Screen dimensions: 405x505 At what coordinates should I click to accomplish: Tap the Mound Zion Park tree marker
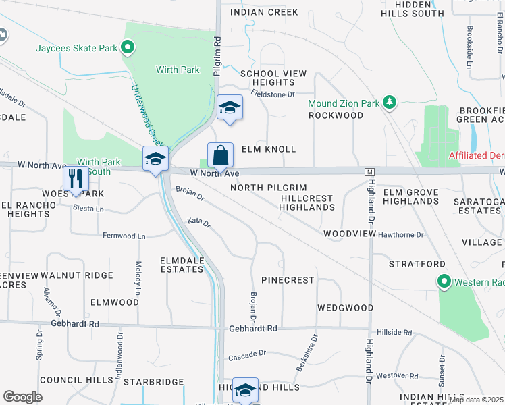389,103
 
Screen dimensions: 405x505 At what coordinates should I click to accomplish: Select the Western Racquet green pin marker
444,281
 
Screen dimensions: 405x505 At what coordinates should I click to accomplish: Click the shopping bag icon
220,156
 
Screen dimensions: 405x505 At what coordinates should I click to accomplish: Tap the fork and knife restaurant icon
75,179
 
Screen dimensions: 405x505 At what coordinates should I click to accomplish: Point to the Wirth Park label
178,70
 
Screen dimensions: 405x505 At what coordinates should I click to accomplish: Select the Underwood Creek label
146,115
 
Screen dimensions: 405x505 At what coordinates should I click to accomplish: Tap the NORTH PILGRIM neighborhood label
269,188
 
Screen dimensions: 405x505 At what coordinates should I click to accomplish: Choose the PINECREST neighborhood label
288,279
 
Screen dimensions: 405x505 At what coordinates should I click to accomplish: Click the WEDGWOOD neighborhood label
346,308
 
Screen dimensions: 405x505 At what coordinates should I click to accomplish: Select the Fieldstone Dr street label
273,94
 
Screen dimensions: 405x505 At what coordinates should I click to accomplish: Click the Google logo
23,397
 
